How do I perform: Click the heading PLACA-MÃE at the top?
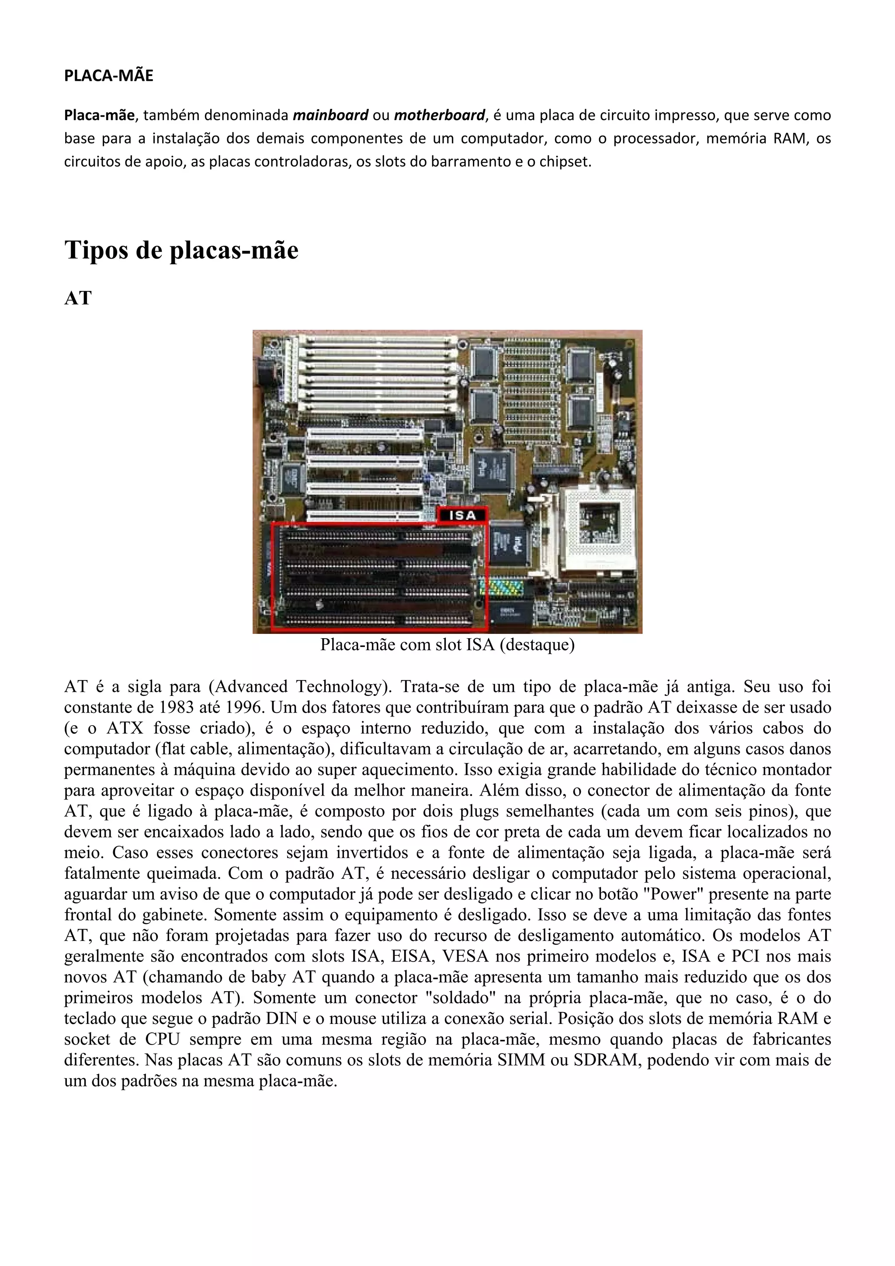click(109, 76)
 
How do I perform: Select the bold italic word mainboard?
click(330, 115)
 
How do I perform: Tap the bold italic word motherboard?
click(439, 115)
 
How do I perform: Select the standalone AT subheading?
click(78, 298)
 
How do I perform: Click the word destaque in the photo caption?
click(534, 645)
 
